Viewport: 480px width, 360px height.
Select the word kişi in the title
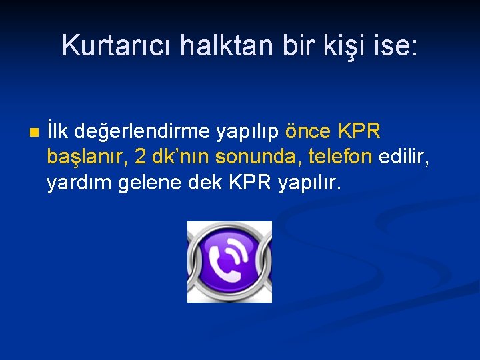point(341,45)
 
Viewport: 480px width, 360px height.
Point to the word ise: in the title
point(395,45)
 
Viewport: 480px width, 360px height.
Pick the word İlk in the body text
point(57,132)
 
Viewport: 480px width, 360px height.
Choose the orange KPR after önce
point(359,132)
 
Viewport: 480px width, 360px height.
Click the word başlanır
point(87,157)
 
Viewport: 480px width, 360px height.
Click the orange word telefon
point(340,157)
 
